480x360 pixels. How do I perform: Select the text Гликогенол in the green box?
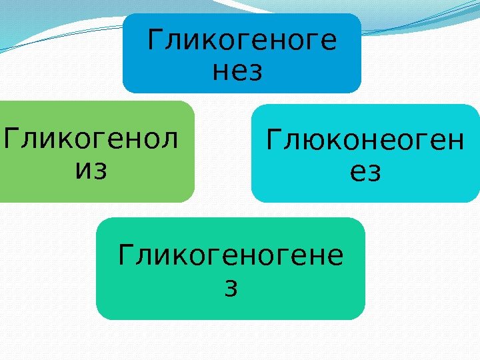tap(91, 141)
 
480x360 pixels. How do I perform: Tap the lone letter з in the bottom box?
tap(231, 287)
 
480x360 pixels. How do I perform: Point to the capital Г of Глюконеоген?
tap(273, 141)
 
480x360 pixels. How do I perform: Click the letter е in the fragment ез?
tap(357, 173)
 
